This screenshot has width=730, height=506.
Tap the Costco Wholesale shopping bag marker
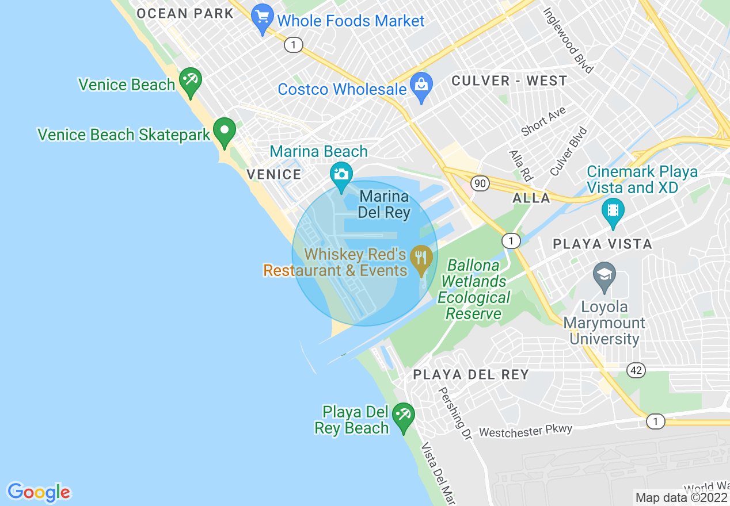[x=421, y=87]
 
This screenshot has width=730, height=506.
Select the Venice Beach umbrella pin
[x=190, y=81]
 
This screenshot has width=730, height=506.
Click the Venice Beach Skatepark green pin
[x=225, y=131]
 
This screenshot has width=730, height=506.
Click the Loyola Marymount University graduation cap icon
[x=604, y=274]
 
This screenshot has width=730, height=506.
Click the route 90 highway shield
[x=480, y=183]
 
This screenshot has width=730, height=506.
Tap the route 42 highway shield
[x=636, y=370]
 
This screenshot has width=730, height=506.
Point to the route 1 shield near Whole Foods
[x=294, y=45]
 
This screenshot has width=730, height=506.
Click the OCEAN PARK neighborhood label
[x=185, y=14]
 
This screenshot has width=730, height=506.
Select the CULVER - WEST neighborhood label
[x=509, y=81]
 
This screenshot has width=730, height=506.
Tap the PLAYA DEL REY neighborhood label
[x=470, y=375]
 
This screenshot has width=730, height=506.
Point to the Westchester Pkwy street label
[x=526, y=431]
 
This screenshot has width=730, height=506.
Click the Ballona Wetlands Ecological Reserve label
[x=473, y=290]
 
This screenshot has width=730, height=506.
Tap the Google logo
[x=39, y=492]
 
